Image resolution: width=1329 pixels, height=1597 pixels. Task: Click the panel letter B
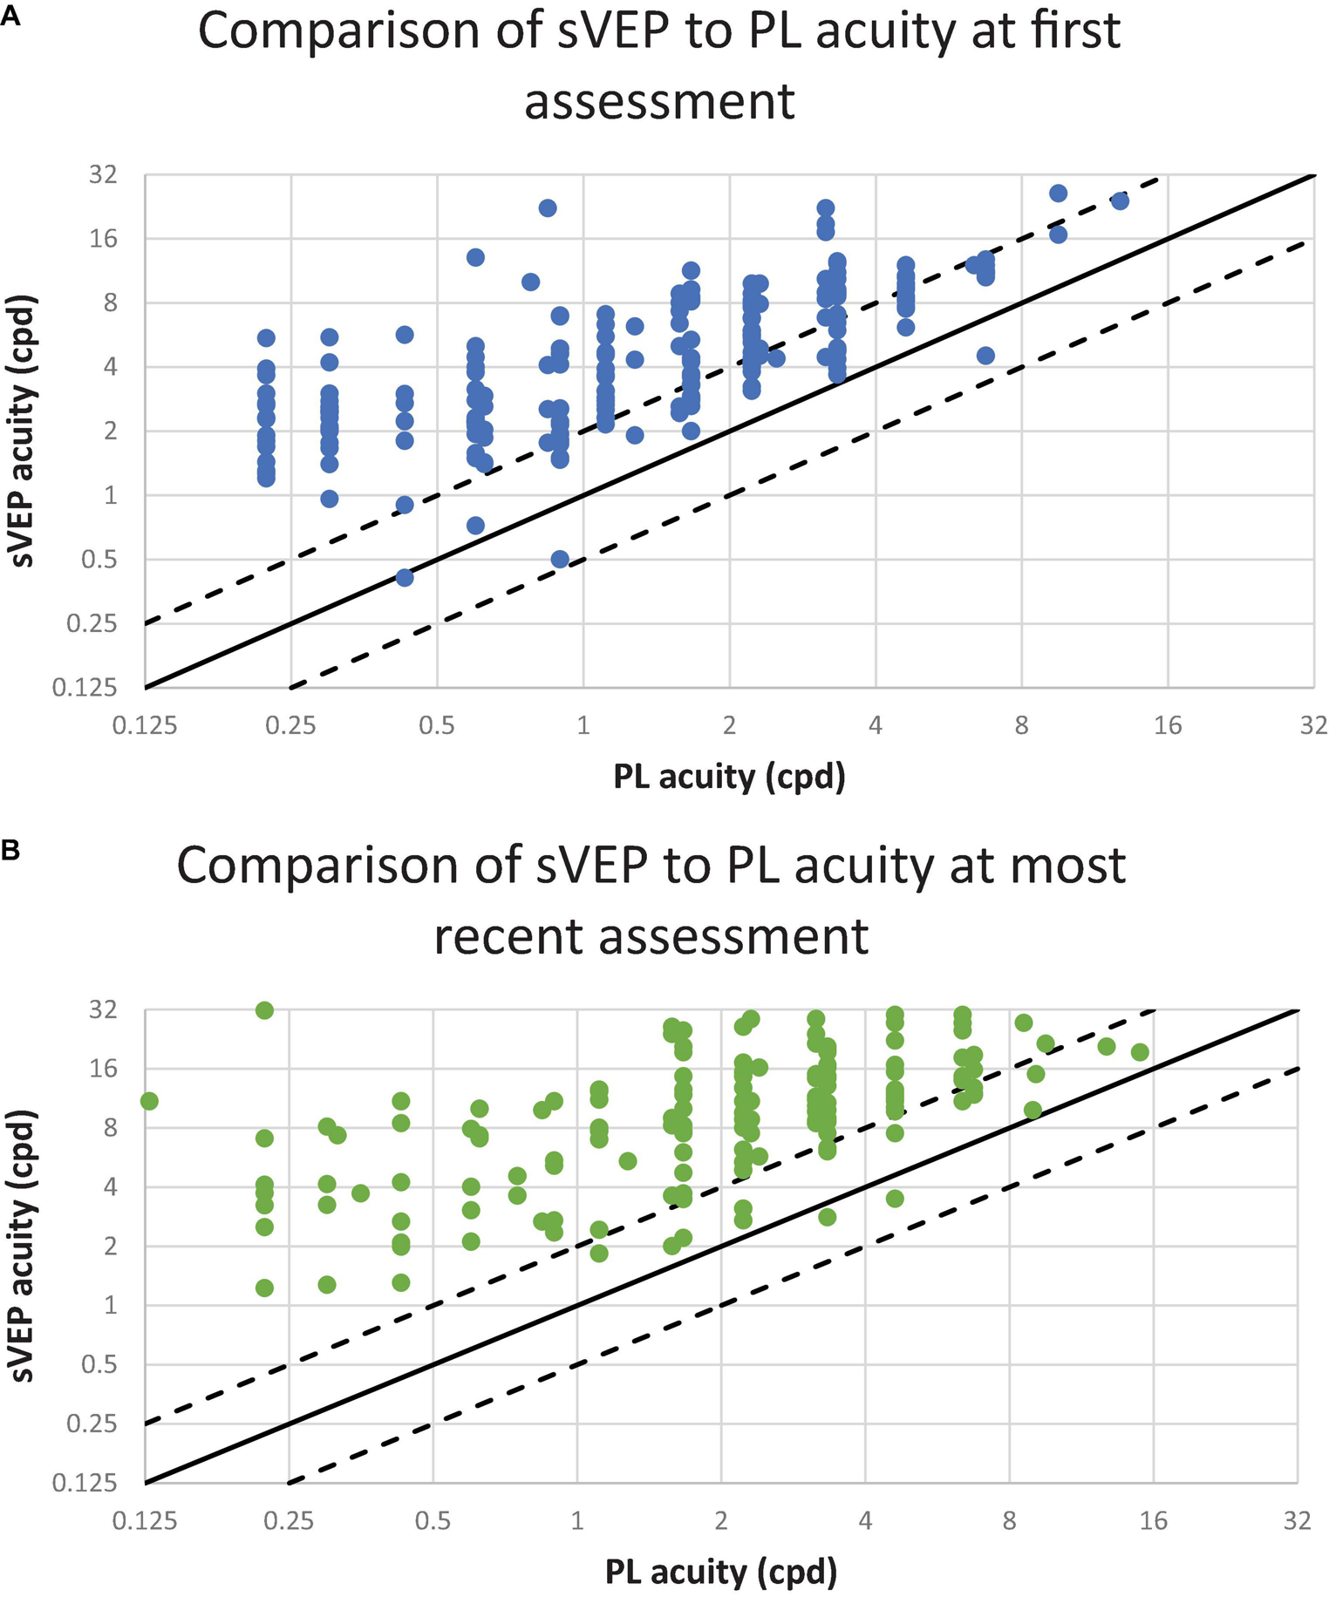click(10, 850)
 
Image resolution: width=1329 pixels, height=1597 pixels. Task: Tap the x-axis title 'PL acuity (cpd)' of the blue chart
click(729, 776)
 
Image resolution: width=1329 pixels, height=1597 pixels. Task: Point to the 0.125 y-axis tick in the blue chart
click(85, 689)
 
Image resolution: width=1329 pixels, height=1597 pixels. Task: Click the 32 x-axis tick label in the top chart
click(1313, 725)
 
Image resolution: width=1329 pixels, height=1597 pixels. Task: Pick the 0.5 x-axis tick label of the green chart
click(433, 1521)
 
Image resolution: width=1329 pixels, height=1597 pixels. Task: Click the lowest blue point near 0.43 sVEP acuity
click(405, 577)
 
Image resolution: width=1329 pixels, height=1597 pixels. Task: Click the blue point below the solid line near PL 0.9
click(560, 560)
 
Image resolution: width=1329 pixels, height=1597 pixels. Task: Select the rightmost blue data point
click(1121, 201)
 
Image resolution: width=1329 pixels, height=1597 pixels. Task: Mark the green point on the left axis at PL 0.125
click(148, 1101)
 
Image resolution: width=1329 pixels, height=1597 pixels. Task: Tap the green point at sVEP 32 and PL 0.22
click(264, 1010)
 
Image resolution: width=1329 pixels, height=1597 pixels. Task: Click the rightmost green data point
click(1140, 1052)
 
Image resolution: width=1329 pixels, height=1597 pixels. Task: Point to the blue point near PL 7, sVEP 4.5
click(985, 356)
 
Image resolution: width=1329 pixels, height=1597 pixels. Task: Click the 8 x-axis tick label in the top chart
click(1021, 725)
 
